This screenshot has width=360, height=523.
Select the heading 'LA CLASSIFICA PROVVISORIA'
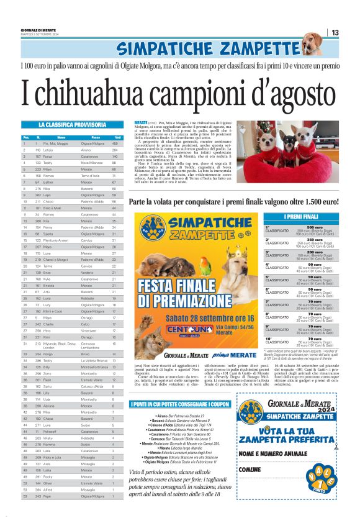pyautogui.click(x=71, y=125)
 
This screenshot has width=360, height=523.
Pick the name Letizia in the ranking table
pyautogui.click(x=49, y=150)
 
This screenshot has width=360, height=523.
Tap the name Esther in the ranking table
pyautogui.click(x=49, y=182)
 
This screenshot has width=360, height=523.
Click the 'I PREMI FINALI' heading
pyautogui.click(x=301, y=216)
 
